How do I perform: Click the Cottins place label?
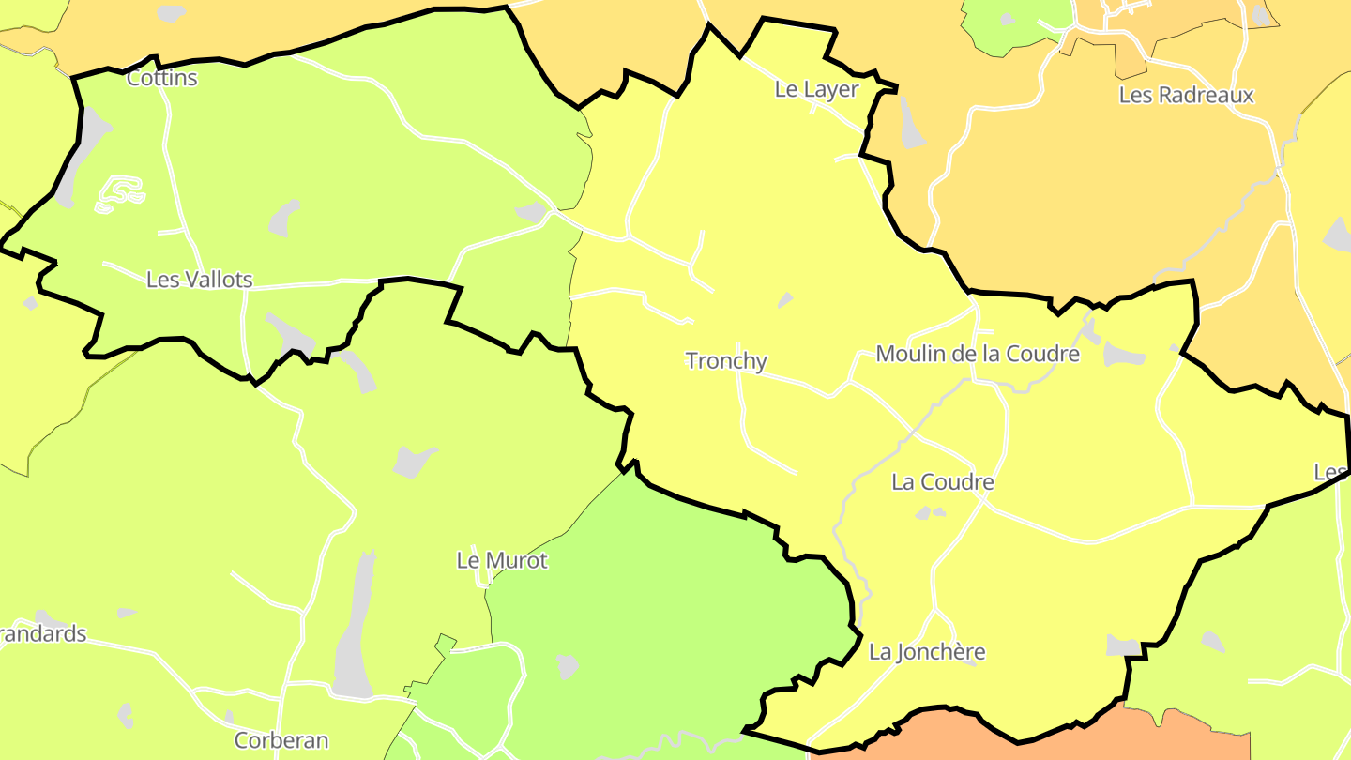(161, 78)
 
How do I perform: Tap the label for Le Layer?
(816, 89)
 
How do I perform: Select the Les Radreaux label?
(1186, 95)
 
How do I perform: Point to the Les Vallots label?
(199, 280)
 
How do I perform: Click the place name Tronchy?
(726, 360)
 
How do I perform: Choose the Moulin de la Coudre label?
(977, 354)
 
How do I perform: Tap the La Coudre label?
(942, 482)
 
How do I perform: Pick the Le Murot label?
(501, 561)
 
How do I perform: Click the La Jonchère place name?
(927, 651)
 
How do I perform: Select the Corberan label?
(281, 740)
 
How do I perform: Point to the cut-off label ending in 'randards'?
(43, 634)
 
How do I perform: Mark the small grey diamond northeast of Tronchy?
(785, 299)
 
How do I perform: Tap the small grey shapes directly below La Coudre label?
(930, 512)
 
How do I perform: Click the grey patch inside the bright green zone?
(567, 666)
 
